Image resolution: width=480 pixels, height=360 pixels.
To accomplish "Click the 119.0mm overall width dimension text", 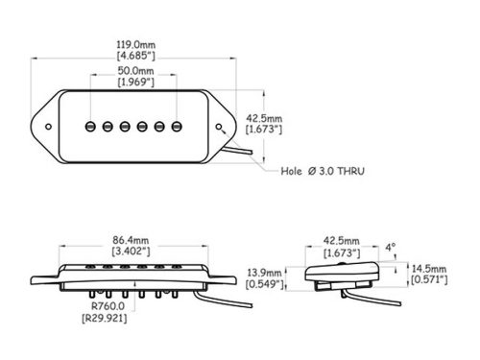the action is click(x=136, y=44).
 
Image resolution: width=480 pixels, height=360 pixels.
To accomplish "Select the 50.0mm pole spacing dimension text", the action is click(x=136, y=71).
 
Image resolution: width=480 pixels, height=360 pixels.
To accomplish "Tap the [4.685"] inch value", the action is click(x=136, y=56).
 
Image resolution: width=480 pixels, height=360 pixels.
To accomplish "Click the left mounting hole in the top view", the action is click(x=48, y=127).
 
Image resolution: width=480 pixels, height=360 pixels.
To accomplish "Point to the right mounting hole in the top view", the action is click(x=219, y=127).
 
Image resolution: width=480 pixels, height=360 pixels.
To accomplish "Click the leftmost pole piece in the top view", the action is click(x=90, y=127).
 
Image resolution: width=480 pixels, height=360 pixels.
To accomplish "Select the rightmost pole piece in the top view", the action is click(x=177, y=127).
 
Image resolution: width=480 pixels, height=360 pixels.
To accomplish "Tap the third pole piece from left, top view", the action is click(x=125, y=127).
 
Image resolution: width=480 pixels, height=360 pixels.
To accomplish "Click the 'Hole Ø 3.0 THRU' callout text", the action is click(x=323, y=171).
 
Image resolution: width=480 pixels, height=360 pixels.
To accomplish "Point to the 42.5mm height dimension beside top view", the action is click(x=264, y=118).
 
